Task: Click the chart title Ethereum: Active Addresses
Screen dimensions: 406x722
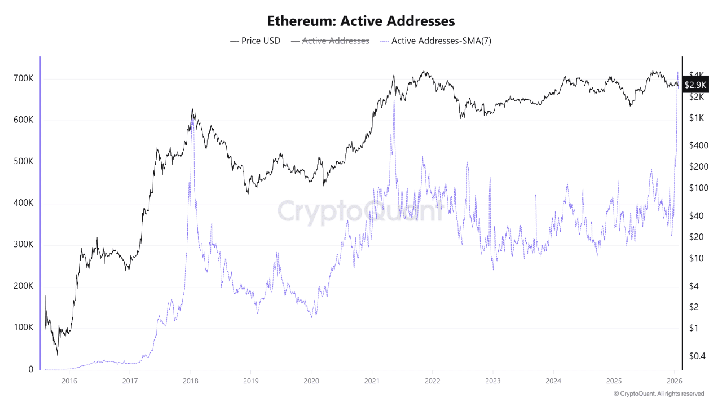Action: (x=361, y=21)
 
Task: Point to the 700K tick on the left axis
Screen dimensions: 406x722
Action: (x=23, y=78)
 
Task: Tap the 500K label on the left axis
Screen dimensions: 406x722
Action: (x=23, y=161)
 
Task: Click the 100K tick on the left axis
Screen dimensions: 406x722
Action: (x=23, y=328)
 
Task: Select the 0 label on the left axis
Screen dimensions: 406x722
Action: (x=30, y=369)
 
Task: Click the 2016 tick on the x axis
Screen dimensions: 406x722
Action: (x=69, y=381)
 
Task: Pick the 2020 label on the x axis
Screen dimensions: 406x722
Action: (x=311, y=381)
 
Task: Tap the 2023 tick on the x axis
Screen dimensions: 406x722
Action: (x=492, y=381)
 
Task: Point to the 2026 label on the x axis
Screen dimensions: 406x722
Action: (x=674, y=381)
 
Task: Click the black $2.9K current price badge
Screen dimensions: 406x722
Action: (x=695, y=85)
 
